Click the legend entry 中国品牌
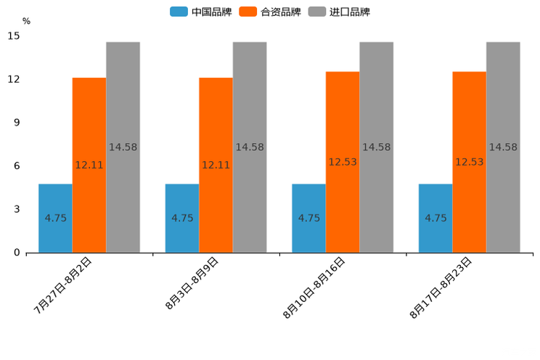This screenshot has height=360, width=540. [201, 12]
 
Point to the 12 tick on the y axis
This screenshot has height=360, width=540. [15, 79]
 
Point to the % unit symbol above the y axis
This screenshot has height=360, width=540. [27, 21]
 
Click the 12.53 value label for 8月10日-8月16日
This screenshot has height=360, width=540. [343, 162]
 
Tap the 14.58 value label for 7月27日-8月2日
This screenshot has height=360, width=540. [123, 147]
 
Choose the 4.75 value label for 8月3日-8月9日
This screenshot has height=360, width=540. [182, 218]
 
